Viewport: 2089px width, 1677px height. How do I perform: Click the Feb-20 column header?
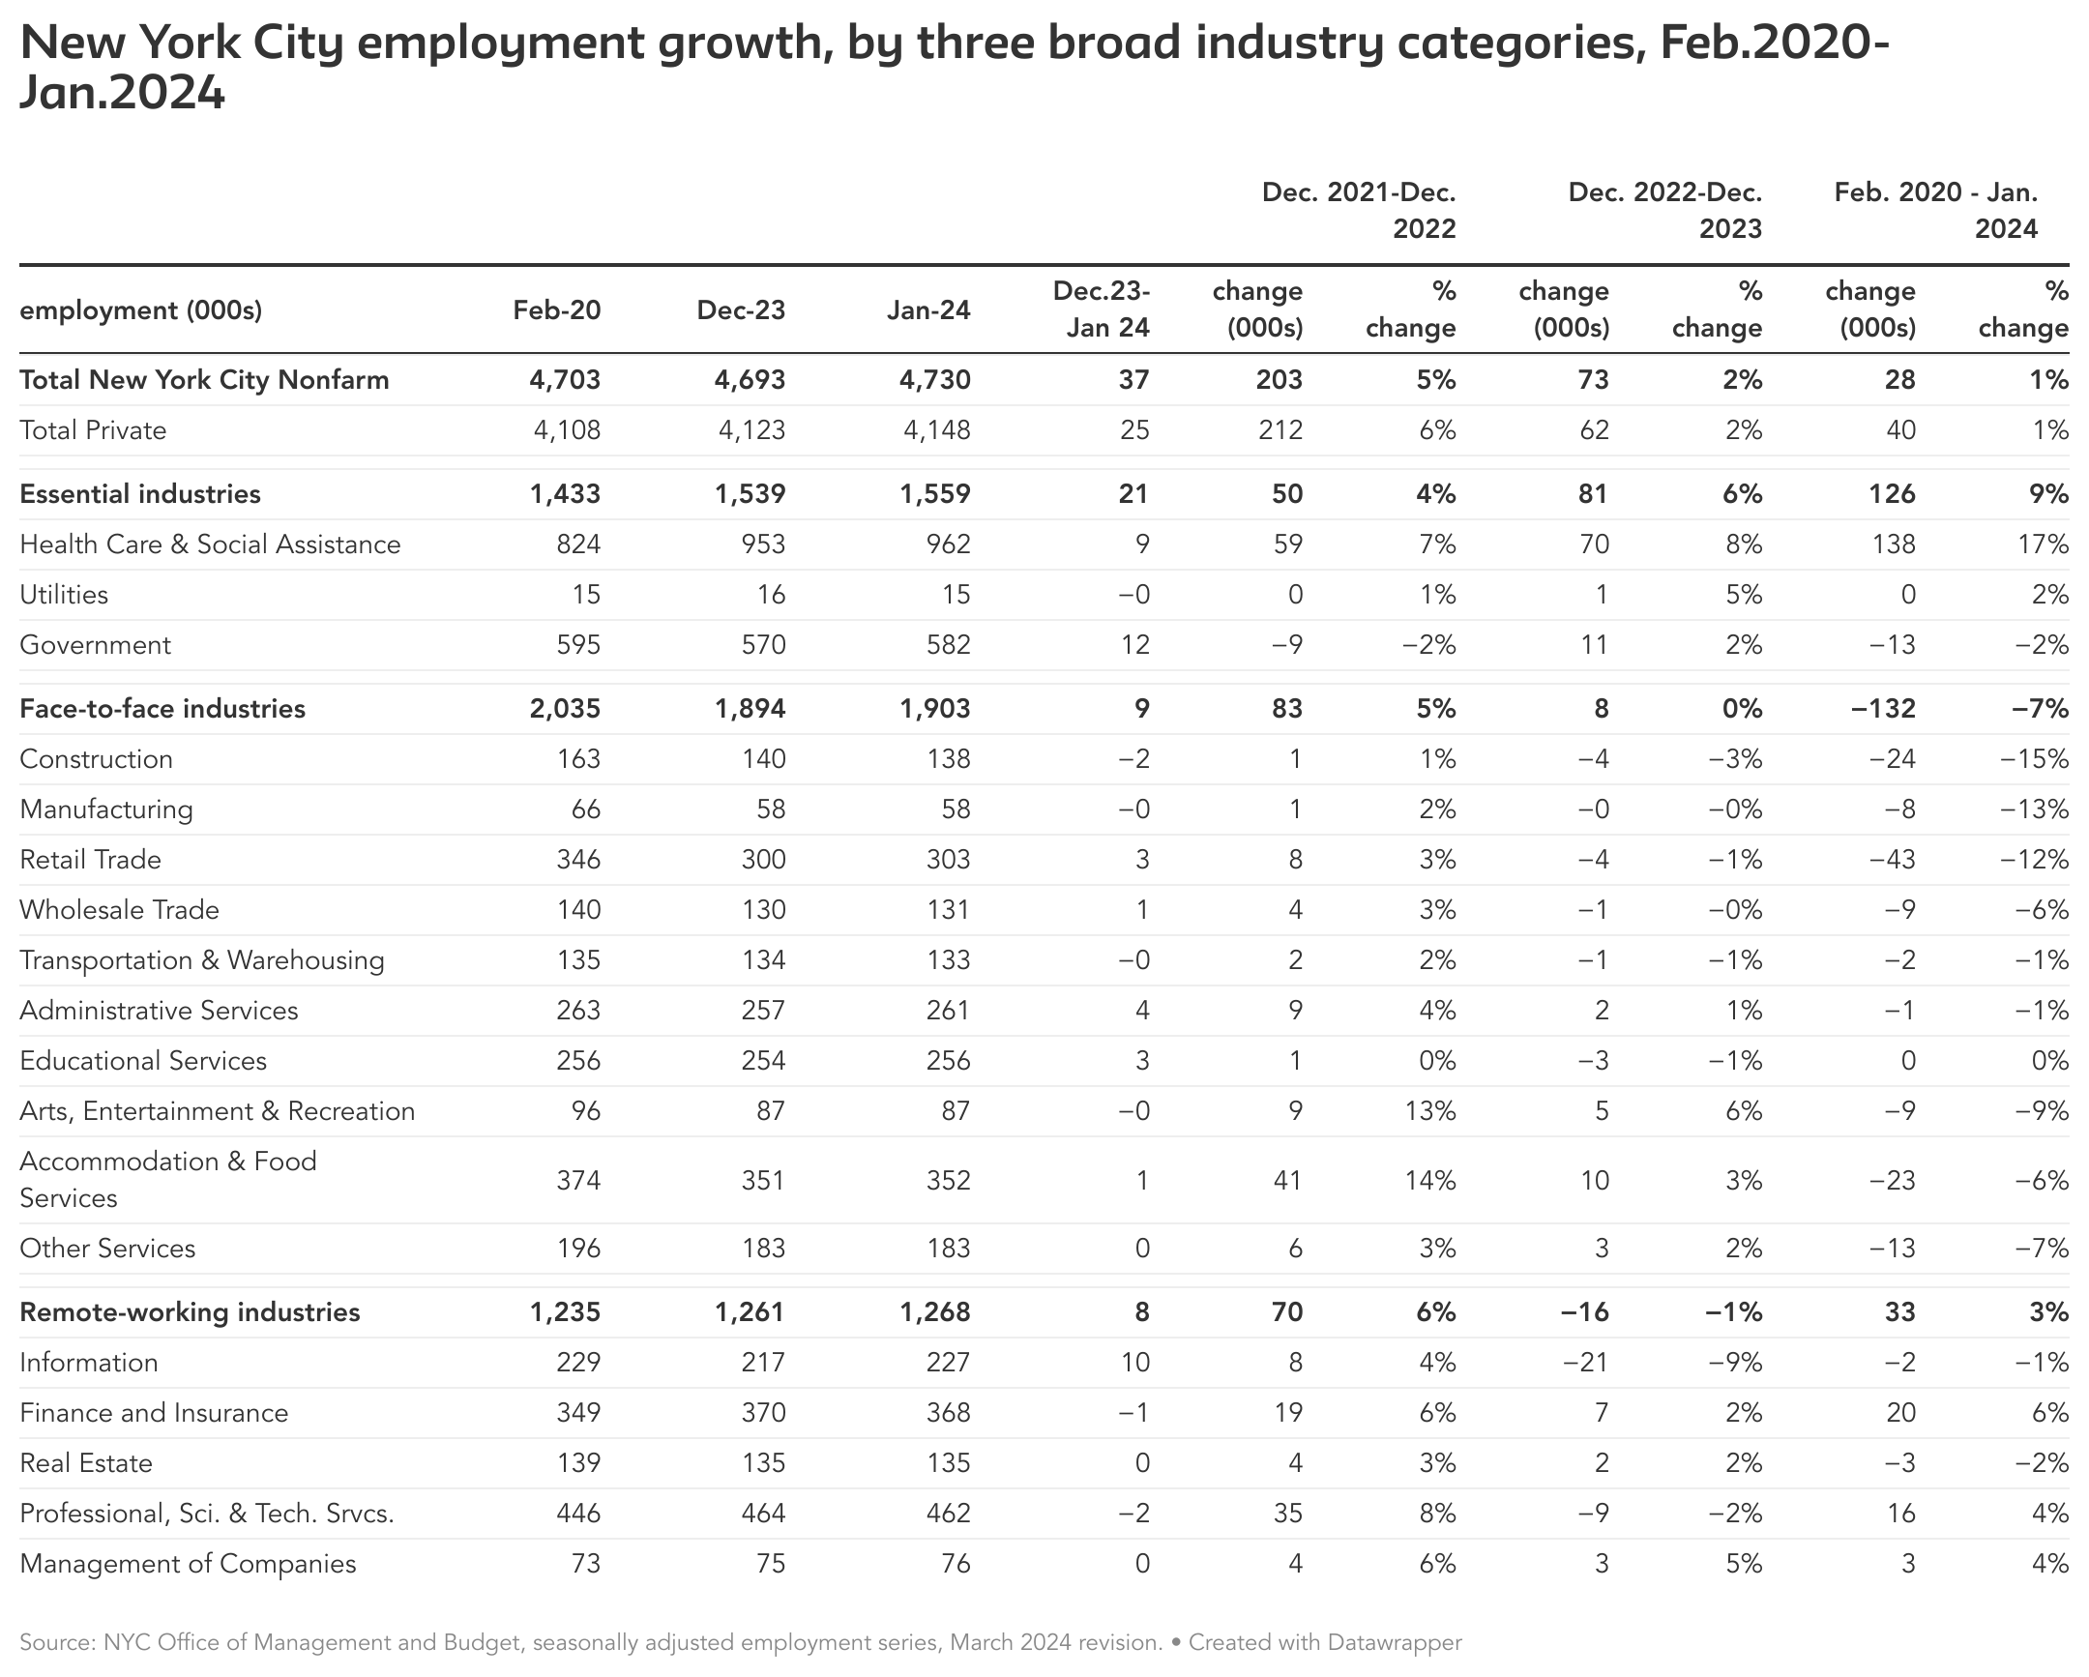click(x=556, y=310)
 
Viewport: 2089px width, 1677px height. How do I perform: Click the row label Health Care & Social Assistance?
click(x=210, y=544)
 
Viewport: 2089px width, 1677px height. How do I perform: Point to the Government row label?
click(x=95, y=645)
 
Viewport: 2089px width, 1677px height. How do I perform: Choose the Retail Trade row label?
click(x=90, y=861)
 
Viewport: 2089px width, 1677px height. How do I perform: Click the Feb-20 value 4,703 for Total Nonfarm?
click(x=565, y=380)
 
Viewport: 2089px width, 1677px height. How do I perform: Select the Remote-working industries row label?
click(x=190, y=1312)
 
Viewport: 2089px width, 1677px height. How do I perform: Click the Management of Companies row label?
click(x=188, y=1565)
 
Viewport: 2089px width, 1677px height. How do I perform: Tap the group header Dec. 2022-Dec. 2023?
click(x=1664, y=211)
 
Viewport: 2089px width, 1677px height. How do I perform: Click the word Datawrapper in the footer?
click(x=1395, y=1642)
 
